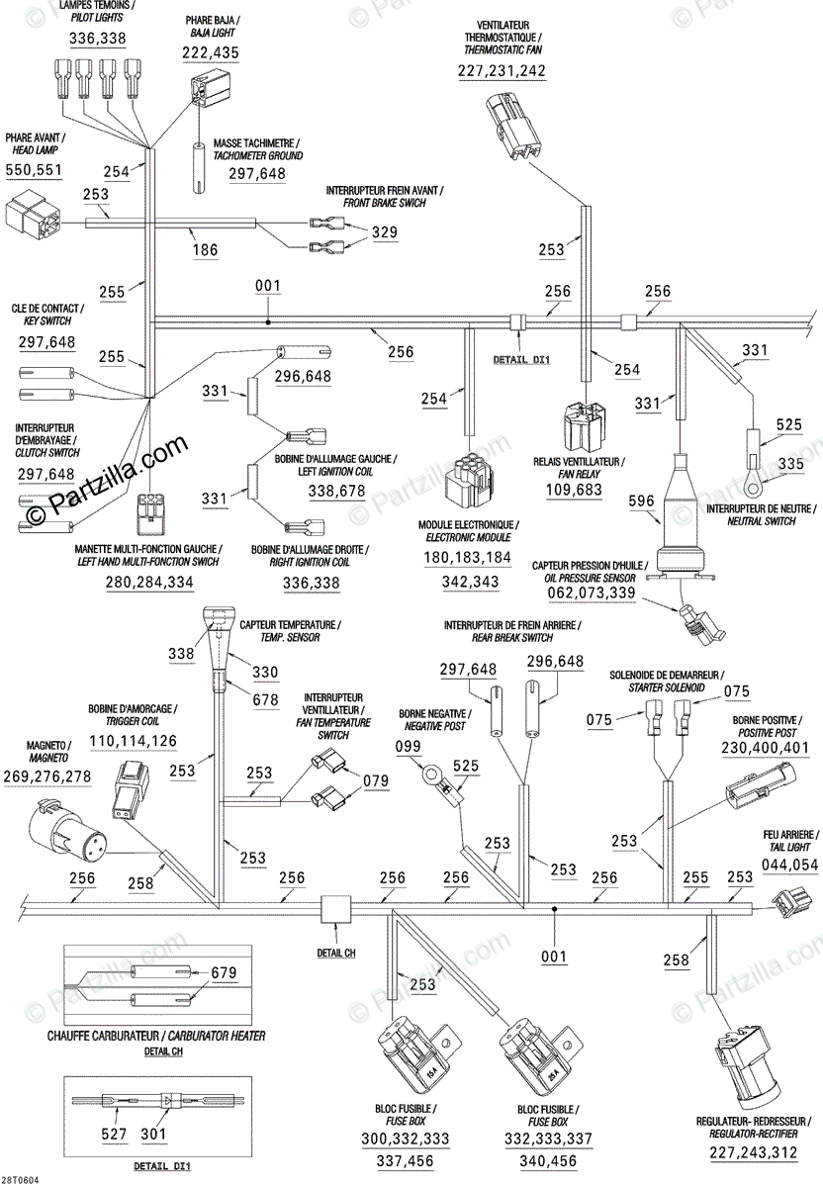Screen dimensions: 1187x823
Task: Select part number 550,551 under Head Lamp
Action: coord(34,171)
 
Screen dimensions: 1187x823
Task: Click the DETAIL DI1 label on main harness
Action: coord(521,360)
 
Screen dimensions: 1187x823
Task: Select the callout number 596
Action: coord(642,502)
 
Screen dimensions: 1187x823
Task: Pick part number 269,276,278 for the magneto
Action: coord(46,776)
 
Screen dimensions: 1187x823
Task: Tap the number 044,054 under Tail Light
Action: coord(789,866)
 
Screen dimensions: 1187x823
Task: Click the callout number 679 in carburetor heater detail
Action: coord(224,973)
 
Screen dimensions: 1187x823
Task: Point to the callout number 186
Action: coord(205,251)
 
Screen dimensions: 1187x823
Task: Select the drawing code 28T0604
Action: coord(21,1180)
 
